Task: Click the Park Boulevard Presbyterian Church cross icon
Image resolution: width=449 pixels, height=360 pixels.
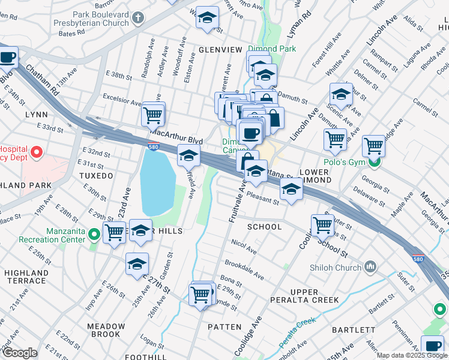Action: click(138, 18)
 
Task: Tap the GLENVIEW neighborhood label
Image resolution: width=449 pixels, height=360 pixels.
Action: click(220, 49)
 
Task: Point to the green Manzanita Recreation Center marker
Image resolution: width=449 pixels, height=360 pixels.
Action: click(94, 234)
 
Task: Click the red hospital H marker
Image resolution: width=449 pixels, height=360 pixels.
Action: click(37, 151)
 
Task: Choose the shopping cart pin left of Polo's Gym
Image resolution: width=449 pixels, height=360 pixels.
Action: click(335, 139)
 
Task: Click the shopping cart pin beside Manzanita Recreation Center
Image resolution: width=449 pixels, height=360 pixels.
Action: click(114, 232)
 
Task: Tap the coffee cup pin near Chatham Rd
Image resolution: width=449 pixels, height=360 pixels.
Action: click(8, 58)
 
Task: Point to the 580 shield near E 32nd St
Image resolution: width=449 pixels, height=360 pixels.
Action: click(154, 145)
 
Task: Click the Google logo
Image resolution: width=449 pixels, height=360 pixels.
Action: click(20, 353)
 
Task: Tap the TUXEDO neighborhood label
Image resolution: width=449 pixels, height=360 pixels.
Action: click(95, 176)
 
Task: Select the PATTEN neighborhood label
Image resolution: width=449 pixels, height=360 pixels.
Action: click(224, 327)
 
